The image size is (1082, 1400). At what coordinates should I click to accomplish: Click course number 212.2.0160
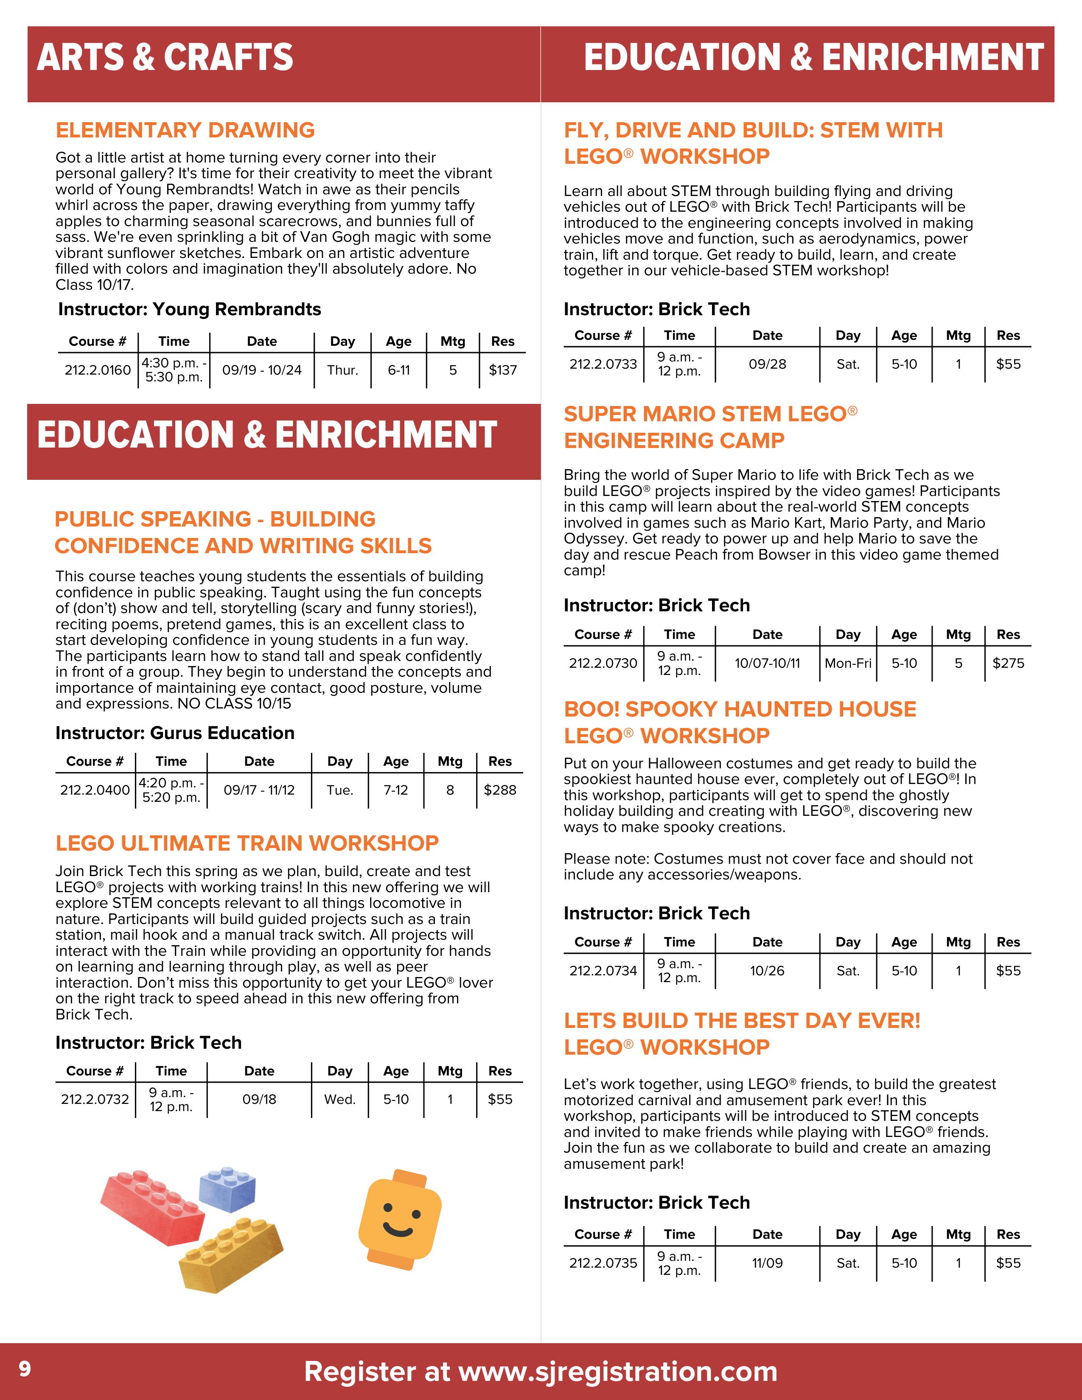[x=98, y=370]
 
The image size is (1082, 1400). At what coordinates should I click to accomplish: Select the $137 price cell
[x=502, y=370]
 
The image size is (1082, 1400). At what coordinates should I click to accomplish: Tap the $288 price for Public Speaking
[x=500, y=790]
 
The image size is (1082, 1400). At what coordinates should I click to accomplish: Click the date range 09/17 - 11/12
[x=259, y=790]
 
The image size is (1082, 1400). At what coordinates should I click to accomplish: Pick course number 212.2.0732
[x=95, y=1099]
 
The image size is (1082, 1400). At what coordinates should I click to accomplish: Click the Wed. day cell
[x=340, y=1099]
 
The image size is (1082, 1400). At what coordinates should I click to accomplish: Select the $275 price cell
[x=1008, y=663]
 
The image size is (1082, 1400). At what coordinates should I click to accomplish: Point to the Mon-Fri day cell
[x=848, y=663]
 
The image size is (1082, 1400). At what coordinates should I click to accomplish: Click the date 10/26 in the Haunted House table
[x=767, y=971]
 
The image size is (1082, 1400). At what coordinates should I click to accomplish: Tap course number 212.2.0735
[x=603, y=1263]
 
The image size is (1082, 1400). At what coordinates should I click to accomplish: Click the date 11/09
[x=767, y=1263]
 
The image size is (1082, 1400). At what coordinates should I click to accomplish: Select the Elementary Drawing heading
[x=185, y=130]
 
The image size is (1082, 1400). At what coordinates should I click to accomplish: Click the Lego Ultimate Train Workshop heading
[x=247, y=843]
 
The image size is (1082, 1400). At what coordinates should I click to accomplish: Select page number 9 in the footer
[x=24, y=1369]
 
